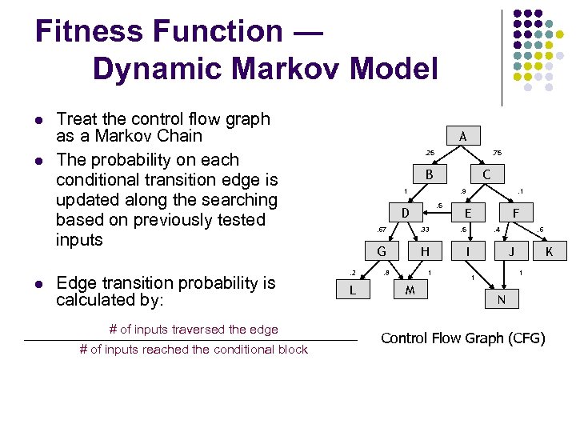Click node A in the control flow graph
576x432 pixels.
(463, 136)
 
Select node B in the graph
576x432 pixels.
(429, 174)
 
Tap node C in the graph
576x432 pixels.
(486, 174)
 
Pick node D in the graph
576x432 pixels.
(406, 213)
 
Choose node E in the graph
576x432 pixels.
(468, 213)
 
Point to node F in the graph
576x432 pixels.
(516, 213)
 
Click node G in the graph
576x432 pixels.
(382, 251)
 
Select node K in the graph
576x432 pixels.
(549, 251)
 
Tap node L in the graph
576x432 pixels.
(353, 290)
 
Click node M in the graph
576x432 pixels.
(410, 290)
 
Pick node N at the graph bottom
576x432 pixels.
(501, 300)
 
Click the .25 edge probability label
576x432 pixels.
(429, 153)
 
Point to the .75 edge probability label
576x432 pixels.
(497, 153)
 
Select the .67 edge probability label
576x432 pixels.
(382, 230)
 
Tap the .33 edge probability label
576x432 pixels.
(425, 230)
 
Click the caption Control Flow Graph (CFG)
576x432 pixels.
(463, 338)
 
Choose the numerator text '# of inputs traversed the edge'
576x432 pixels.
(194, 329)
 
